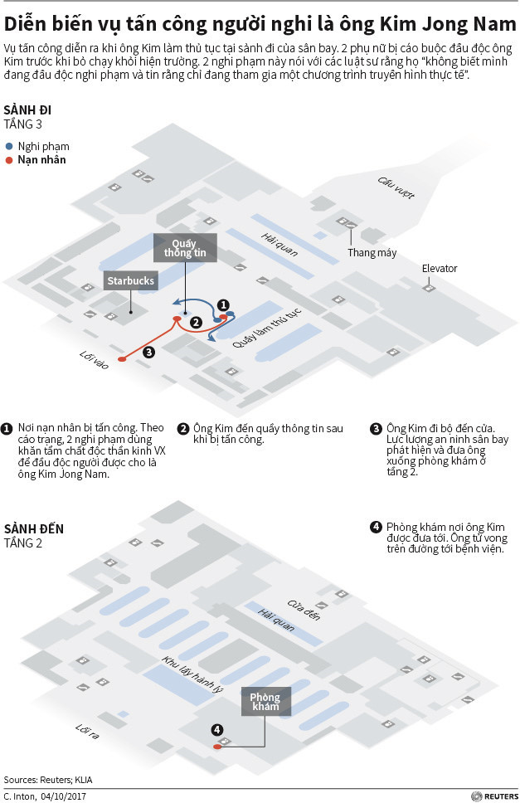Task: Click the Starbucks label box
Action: (x=131, y=280)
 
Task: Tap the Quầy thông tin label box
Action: (x=184, y=247)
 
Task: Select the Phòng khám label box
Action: (x=265, y=703)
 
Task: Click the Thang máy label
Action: (x=372, y=252)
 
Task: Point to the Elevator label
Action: (x=440, y=269)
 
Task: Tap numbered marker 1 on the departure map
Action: (x=222, y=304)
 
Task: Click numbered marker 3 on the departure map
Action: (x=148, y=353)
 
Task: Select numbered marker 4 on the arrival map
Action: (x=217, y=730)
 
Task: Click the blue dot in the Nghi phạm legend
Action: (x=9, y=145)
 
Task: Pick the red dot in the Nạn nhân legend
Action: (x=9, y=160)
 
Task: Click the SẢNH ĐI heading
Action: (x=27, y=110)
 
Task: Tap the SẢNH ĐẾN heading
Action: (x=33, y=528)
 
